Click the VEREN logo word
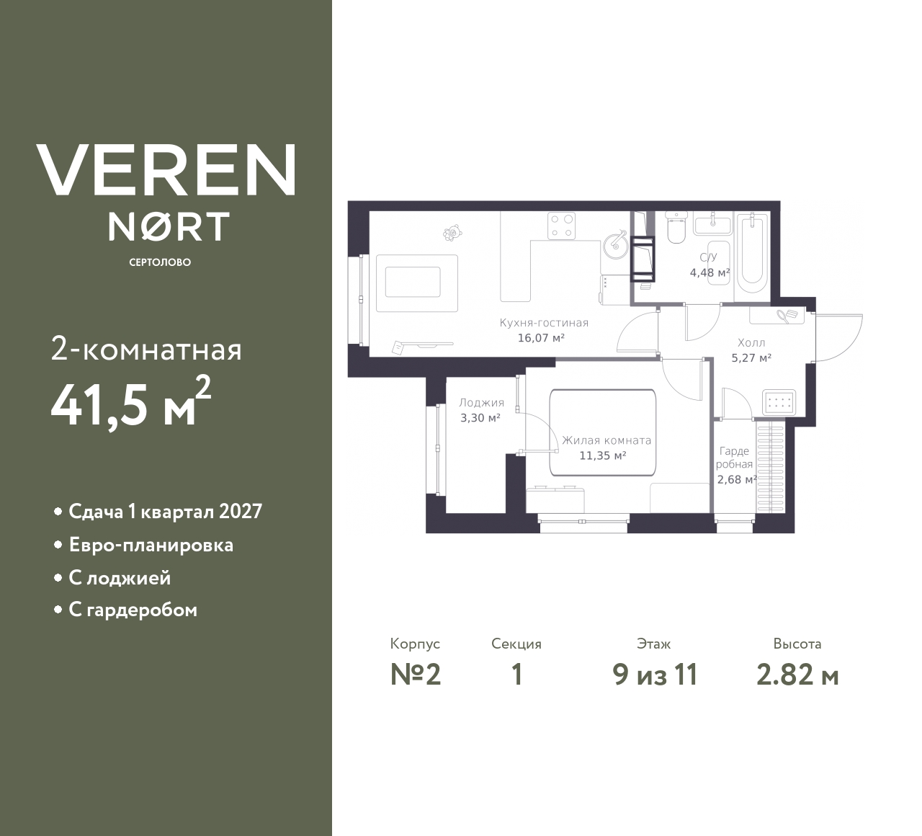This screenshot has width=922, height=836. [x=166, y=169]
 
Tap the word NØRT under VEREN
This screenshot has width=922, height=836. [x=169, y=226]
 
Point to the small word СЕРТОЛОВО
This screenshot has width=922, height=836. [x=160, y=262]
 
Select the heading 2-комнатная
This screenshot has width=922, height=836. [x=147, y=350]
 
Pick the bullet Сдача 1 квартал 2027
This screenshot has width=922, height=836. [x=165, y=512]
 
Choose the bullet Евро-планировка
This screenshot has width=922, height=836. [x=151, y=545]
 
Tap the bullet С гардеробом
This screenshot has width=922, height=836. [x=133, y=610]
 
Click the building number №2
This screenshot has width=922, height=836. [x=416, y=675]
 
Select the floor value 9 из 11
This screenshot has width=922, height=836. [x=655, y=675]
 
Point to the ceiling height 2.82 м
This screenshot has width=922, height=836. [x=797, y=675]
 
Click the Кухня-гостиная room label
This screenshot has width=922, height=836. [x=544, y=323]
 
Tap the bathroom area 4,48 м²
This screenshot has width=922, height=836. [x=710, y=272]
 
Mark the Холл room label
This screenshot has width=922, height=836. [x=751, y=343]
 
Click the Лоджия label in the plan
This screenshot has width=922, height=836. [x=481, y=403]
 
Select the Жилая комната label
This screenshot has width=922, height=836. [x=607, y=440]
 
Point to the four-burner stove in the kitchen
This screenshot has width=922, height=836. [x=562, y=225]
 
